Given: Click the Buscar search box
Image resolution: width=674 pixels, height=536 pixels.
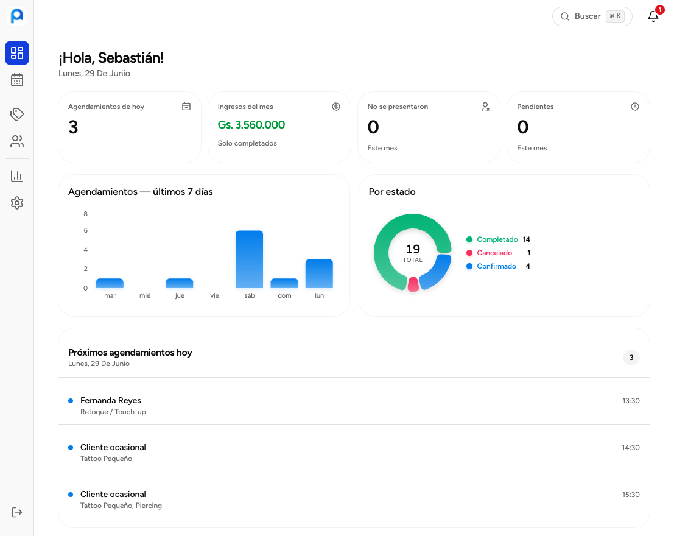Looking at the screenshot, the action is pos(592,16).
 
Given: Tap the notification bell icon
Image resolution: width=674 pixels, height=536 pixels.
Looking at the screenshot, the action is pos(653,16).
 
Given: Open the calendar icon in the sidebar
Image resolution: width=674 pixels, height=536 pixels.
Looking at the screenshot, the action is pos(17,80).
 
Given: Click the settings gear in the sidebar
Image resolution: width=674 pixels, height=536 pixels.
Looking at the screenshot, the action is pos(17,203).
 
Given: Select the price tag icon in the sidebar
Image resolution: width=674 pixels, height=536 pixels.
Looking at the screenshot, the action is pos(17,114).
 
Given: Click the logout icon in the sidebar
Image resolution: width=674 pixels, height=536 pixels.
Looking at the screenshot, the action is pos(17,512).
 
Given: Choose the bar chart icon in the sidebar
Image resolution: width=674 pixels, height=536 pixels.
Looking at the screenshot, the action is pos(17,175).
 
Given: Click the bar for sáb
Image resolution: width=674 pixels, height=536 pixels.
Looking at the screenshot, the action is pos(249,259).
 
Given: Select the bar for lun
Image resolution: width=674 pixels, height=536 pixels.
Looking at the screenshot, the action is pos(319,273).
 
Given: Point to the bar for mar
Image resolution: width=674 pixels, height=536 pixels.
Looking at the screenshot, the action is pos(110,283).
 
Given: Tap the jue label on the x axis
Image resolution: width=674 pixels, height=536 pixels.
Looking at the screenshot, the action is pos(180,295).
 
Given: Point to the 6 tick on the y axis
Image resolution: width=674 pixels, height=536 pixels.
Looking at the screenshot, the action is pos(85,231).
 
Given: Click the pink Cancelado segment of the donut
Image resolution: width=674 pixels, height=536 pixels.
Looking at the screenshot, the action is pos(413,284).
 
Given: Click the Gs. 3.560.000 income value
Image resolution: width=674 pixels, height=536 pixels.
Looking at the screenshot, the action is pos(251,125).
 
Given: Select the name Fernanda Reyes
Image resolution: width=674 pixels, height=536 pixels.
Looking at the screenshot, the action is pos(110,401).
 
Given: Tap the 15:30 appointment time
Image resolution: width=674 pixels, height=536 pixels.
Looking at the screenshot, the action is pos(631,495).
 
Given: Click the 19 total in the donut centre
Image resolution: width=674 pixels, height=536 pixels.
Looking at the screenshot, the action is pos(413,249).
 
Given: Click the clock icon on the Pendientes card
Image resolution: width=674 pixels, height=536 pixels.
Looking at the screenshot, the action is pos(635,107).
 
